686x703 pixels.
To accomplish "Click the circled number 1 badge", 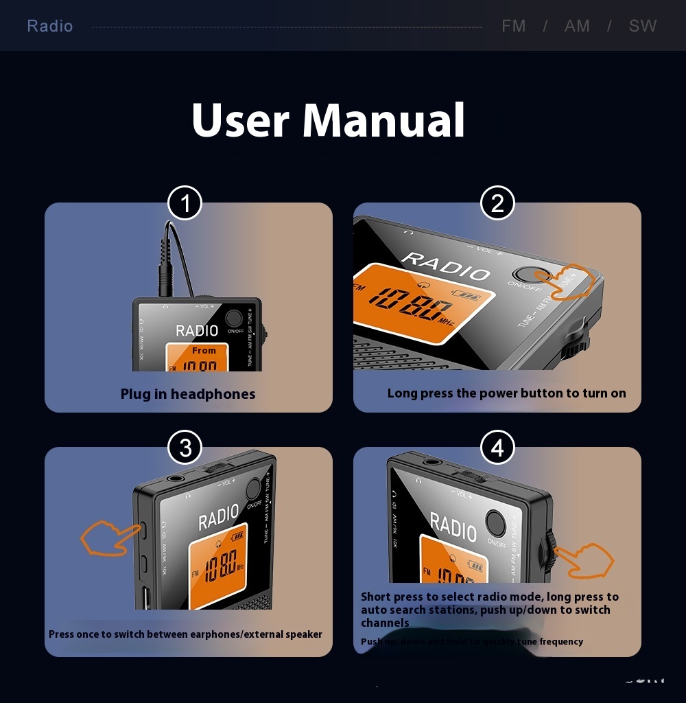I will [185, 203].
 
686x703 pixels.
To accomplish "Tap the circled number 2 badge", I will [497, 203].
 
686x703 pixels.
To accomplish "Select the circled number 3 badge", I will [185, 448].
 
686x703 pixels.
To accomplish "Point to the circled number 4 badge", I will [497, 448].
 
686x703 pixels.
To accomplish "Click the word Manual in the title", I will [383, 120].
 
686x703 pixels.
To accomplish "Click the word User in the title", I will [240, 120].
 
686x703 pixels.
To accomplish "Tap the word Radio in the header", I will [49, 26].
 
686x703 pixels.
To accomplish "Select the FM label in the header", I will [514, 26].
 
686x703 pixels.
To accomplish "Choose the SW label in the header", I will [643, 26].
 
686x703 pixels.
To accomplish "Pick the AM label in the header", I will [577, 26].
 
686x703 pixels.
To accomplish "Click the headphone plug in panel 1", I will [165, 271].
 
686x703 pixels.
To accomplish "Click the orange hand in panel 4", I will [583, 560].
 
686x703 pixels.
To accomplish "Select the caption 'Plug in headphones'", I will [188, 394].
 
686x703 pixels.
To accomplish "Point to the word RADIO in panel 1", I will [197, 330].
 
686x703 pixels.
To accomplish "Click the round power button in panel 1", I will [234, 318].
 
